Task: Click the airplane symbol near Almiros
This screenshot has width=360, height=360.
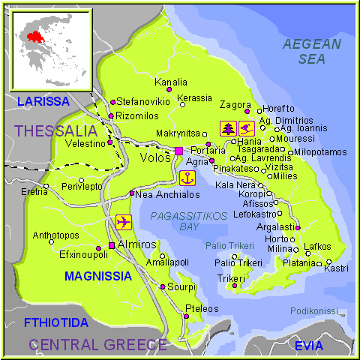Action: pos(124,222)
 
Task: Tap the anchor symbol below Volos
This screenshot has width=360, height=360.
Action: pos(187,178)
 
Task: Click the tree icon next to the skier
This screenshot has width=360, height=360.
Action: pos(227,127)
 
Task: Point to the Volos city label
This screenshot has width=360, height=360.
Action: pos(155,157)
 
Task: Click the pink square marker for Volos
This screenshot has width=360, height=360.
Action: pos(178,151)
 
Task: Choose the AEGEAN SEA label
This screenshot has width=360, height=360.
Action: pos(311,51)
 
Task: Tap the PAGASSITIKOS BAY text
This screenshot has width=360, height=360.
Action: pos(187,220)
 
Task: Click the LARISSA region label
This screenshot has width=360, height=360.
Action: pos(43,100)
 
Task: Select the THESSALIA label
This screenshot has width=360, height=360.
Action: pos(55,131)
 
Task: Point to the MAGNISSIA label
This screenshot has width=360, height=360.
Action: pos(98,276)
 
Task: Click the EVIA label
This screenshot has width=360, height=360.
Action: pos(308,345)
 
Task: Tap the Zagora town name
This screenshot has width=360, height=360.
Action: pos(235,105)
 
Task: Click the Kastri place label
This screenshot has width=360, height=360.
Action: pos(335,268)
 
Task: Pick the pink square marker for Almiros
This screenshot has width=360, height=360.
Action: pos(112,245)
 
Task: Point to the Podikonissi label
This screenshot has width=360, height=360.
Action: pos(313,310)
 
